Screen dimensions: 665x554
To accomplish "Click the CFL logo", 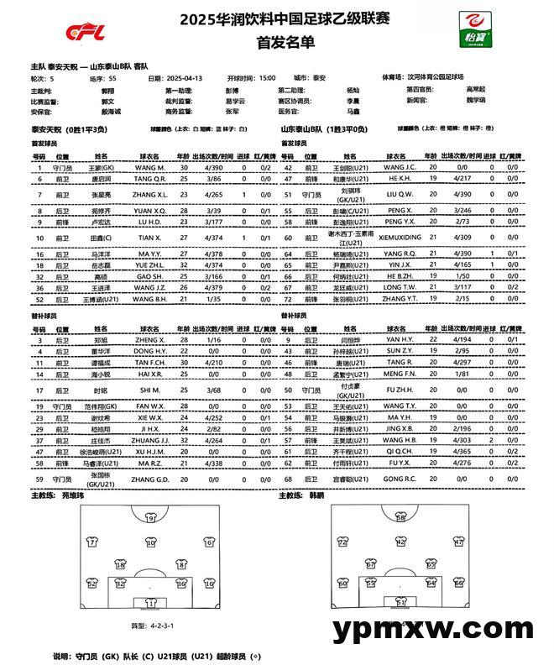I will click(86, 33).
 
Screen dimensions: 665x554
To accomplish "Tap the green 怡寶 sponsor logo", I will click(475, 29).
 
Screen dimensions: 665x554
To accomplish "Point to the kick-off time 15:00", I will click(267, 77).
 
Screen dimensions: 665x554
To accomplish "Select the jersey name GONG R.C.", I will click(400, 479).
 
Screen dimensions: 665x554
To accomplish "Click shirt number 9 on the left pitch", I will click(151, 518).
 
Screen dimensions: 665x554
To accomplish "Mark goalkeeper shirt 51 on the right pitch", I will click(401, 601).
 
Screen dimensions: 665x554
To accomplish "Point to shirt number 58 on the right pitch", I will click(401, 518).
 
